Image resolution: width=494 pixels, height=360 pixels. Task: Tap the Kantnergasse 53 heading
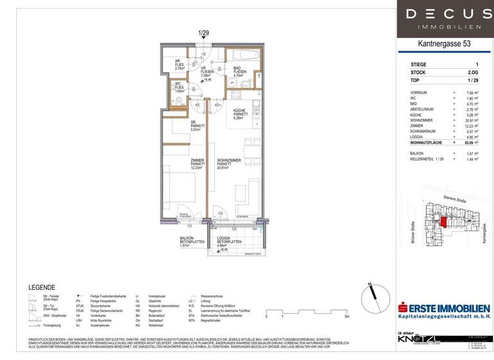(x=444, y=44)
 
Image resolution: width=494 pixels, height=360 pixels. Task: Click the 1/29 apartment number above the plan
(x=205, y=33)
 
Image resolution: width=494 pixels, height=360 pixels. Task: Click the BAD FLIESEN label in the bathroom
(x=237, y=71)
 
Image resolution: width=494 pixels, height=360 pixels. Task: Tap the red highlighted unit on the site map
(x=444, y=222)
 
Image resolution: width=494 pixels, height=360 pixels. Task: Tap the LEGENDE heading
(x=42, y=287)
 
